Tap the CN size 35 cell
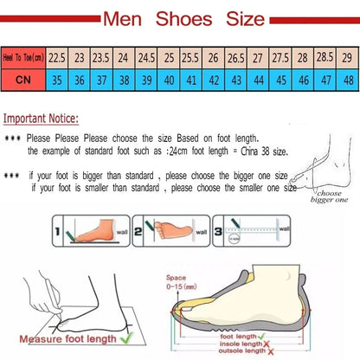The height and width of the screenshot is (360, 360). [58, 79]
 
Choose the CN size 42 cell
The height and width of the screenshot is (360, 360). [213, 79]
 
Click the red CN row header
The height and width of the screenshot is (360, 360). [23, 79]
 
